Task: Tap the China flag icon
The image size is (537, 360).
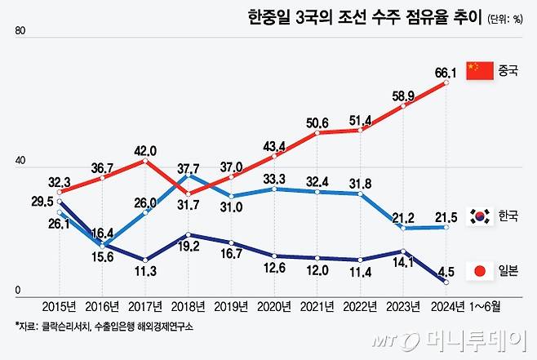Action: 479,70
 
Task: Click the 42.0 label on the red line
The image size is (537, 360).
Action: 144,150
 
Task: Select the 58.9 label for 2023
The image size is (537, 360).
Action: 403,96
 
